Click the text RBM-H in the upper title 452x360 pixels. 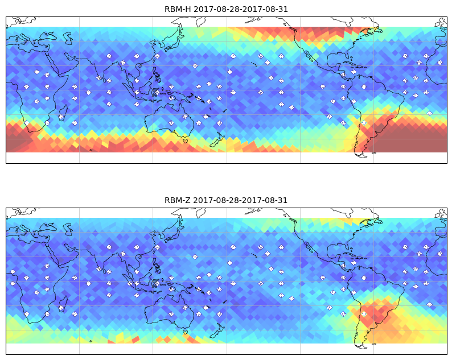pos(178,10)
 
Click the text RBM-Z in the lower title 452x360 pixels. pos(177,200)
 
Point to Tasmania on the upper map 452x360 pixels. pos(186,140)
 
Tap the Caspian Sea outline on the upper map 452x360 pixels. pos(68,38)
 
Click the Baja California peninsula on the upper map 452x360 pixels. pos(309,56)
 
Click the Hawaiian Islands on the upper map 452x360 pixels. pos(254,64)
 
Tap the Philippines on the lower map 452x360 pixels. pos(157,267)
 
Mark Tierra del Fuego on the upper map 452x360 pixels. pos(361,155)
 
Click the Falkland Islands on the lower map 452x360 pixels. pos(373,344)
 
